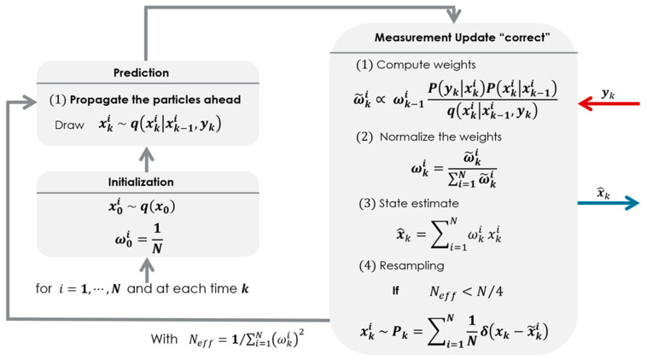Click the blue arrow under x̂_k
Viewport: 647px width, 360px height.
607,202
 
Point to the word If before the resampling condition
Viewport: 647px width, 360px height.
395,290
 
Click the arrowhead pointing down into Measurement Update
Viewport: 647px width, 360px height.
452,16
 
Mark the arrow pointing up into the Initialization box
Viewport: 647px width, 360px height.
146,267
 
